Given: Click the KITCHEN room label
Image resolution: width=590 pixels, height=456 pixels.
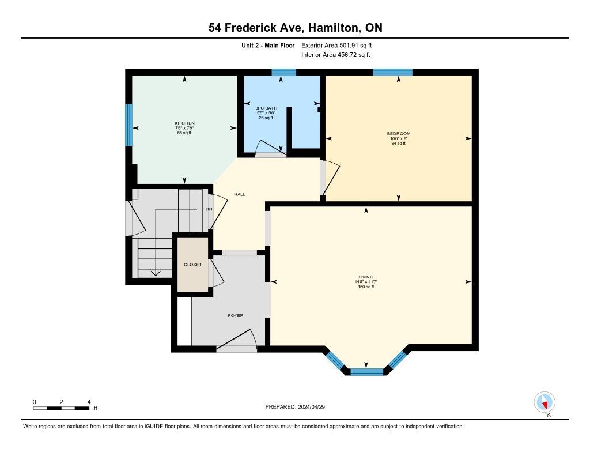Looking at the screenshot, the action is point(184,123).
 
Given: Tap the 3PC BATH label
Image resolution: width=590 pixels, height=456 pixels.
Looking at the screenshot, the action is point(266,108).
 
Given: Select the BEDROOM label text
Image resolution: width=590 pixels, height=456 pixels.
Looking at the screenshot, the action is point(399,133).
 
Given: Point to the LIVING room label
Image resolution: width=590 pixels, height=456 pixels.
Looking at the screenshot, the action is point(366,277).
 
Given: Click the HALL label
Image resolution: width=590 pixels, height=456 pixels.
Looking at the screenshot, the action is point(239,194).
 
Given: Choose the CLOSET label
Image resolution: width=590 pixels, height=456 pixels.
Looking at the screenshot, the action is point(192,265).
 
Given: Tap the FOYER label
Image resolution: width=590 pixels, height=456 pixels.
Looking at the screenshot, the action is point(236,315).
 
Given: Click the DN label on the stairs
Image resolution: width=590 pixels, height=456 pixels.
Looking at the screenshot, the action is point(209,209).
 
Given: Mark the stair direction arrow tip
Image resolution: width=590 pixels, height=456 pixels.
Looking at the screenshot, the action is point(156,276).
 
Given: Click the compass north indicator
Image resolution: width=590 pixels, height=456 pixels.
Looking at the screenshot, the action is point(544,402).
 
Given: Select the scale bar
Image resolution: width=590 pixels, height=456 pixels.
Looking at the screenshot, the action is point(61,408).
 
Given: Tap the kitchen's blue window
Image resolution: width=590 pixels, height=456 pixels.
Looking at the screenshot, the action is point(128,125).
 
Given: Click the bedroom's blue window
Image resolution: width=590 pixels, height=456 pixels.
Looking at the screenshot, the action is point(392,72).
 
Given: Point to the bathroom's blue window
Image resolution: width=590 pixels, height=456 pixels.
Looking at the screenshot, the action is point(283,72).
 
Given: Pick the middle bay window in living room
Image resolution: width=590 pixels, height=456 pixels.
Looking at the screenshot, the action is point(367,372).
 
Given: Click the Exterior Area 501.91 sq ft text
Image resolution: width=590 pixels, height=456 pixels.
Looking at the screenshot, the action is point(336,46).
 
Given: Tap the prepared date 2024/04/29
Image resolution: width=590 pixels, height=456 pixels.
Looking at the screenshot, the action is point(312,407).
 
